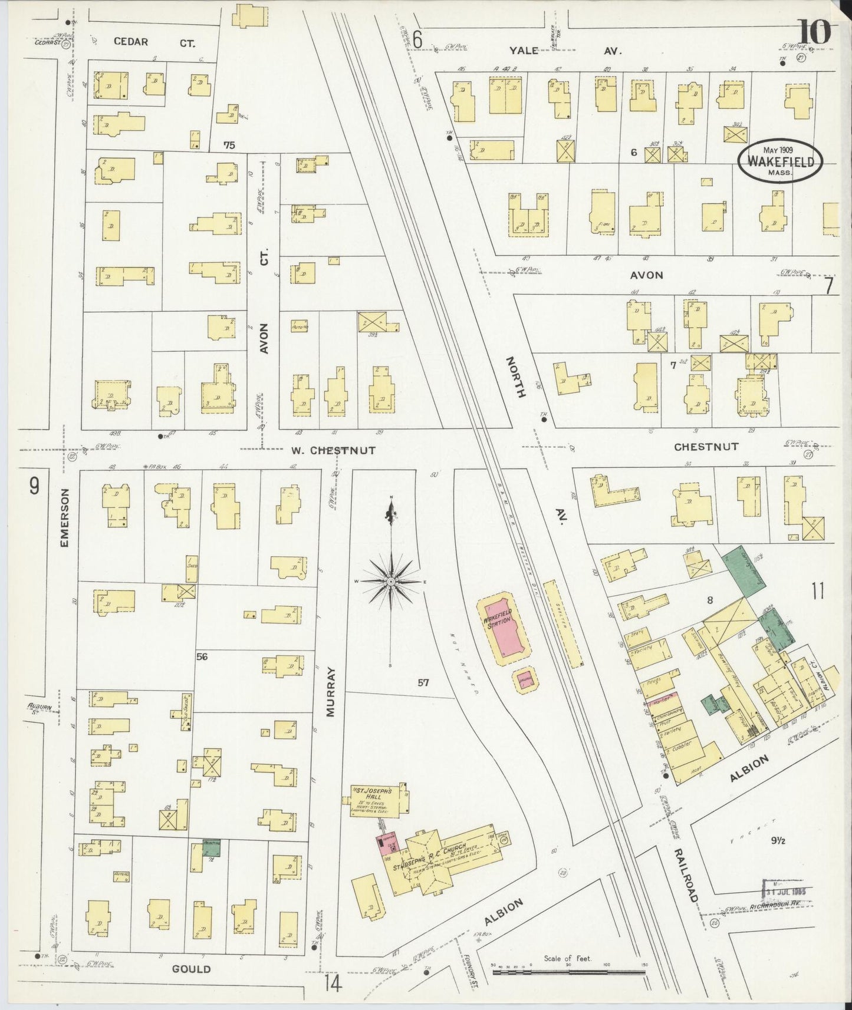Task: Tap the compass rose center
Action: point(391,581)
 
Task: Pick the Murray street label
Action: point(330,691)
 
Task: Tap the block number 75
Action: point(229,145)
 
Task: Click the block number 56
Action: point(202,656)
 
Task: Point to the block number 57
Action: point(423,683)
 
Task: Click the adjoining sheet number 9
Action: point(35,486)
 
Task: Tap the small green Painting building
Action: point(212,847)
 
